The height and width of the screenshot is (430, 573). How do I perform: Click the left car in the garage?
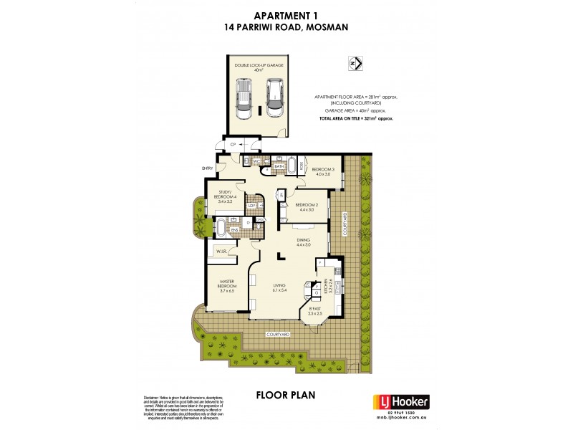coord(245,99)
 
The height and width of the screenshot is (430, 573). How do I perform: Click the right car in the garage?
coord(273,97)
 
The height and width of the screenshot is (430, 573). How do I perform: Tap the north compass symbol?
coord(355,63)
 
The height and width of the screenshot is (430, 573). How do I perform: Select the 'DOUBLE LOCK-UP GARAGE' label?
coord(259,65)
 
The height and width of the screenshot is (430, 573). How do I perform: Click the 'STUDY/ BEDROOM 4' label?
coord(221,195)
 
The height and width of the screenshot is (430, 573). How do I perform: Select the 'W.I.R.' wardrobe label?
coord(218,251)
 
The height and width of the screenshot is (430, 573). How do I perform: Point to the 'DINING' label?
coord(303,242)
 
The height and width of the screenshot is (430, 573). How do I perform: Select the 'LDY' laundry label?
coord(252,206)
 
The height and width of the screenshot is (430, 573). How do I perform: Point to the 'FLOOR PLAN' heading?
coord(286,395)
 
